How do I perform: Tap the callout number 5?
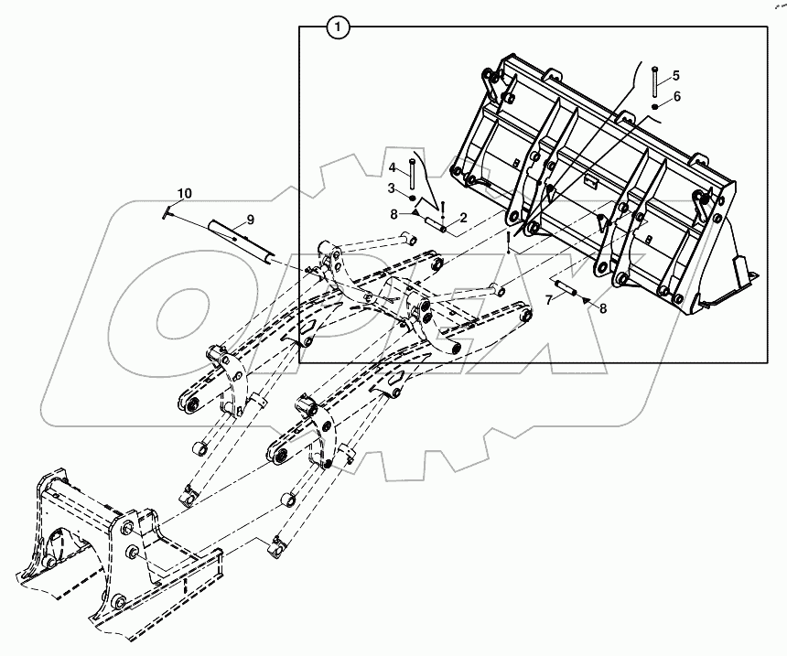(676, 75)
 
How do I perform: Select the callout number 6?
(676, 96)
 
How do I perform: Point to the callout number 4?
(391, 168)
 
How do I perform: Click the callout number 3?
(391, 188)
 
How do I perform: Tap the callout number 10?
(185, 193)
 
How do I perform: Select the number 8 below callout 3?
(393, 215)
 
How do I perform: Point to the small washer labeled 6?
(656, 107)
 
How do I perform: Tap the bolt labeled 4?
(413, 172)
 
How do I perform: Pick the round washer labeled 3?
(413, 198)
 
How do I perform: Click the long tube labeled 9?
(240, 241)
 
